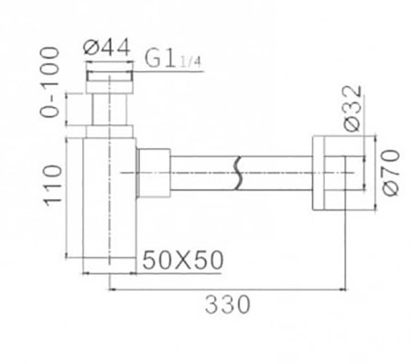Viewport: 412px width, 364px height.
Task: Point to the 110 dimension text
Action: (53, 183)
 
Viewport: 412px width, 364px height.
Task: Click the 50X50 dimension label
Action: (184, 259)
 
